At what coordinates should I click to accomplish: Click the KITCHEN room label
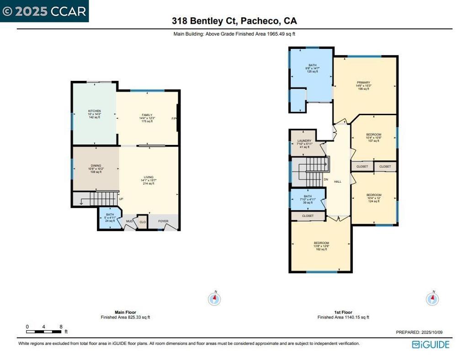94,111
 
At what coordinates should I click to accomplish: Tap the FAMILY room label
147,115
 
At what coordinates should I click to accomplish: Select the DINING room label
96,166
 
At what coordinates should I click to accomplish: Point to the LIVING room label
149,177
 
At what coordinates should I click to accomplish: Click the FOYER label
163,222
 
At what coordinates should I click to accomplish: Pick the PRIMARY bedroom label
363,83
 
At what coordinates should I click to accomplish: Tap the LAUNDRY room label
304,141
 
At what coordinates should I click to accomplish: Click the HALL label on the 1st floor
338,181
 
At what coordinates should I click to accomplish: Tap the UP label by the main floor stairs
121,199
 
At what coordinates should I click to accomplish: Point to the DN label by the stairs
326,180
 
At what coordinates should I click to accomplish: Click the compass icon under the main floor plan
214,299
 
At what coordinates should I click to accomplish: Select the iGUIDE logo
430,344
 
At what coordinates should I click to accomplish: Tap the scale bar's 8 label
61,327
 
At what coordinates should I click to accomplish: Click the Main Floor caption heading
125,312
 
